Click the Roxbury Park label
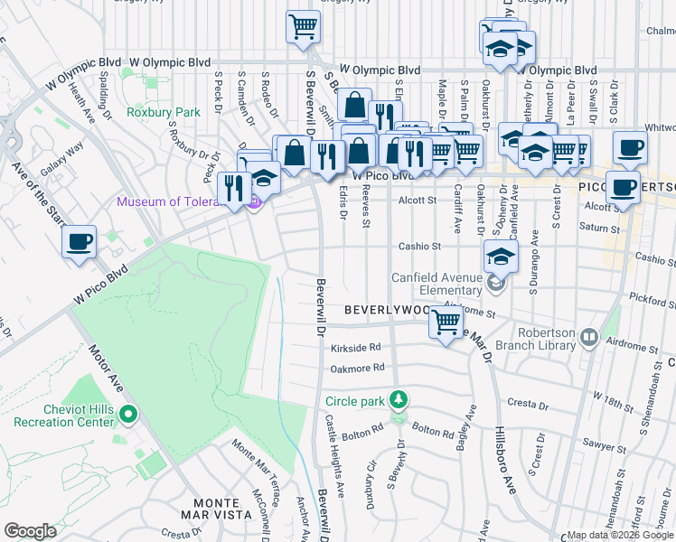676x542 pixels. [164, 112]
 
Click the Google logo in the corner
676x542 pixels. [31, 530]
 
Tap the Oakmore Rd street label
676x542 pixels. [358, 367]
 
